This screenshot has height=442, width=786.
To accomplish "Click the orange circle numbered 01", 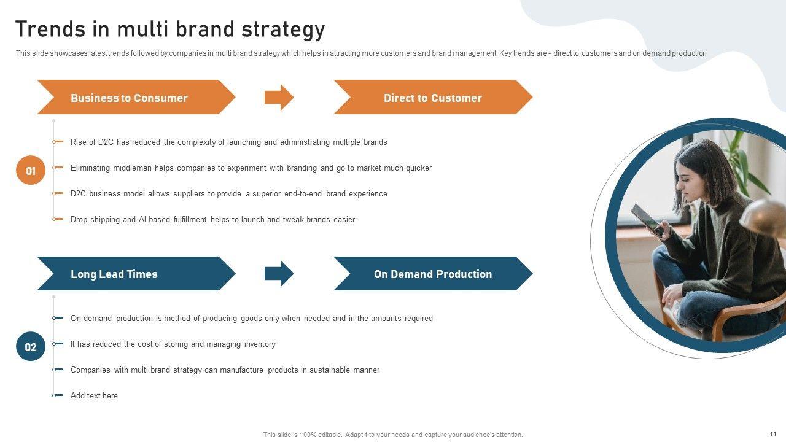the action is click(31, 171).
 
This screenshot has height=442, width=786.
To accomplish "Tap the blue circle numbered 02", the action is click(31, 347).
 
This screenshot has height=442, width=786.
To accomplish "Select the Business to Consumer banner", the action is click(136, 97).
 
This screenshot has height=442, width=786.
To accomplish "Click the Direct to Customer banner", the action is click(433, 97).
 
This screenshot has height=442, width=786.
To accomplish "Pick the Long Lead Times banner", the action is click(136, 274).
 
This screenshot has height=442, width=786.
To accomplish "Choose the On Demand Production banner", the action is click(433, 274).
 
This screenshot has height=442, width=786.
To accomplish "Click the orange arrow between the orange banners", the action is click(279, 97).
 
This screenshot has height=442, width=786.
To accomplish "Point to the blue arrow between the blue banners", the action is click(279, 274).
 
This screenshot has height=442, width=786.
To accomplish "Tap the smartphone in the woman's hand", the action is click(647, 220).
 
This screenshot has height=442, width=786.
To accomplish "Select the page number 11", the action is click(773, 434).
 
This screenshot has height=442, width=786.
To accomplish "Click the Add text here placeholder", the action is click(94, 396).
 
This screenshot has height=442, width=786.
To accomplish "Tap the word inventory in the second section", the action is click(260, 344).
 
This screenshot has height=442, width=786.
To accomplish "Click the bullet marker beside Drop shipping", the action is click(58, 219).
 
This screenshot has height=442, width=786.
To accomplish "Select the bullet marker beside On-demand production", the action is click(58, 318).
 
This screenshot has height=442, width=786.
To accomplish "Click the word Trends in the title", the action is click(50, 29).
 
